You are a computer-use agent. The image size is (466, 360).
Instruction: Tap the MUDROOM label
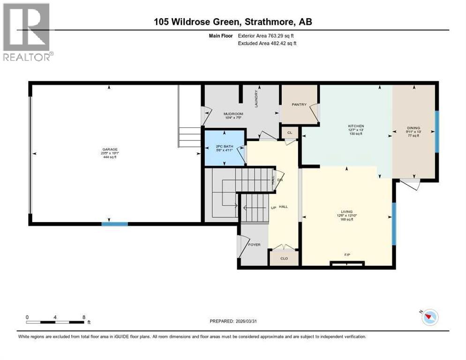point(232,113)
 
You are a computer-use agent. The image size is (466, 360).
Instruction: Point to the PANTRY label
point(299,105)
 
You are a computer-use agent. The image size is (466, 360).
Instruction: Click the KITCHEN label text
point(355,126)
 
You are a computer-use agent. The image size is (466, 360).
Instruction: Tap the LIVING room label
point(347,212)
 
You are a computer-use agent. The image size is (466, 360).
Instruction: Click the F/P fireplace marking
point(347,255)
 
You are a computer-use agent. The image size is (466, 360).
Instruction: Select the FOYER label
point(254,245)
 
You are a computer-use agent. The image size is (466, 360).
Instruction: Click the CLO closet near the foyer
point(284,258)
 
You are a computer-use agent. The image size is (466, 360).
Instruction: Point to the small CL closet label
point(290,133)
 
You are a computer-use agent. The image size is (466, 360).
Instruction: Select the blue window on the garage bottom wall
point(115,224)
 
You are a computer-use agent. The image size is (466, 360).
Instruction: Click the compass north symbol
point(429,317)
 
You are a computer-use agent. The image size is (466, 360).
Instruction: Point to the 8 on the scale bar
point(83,317)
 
